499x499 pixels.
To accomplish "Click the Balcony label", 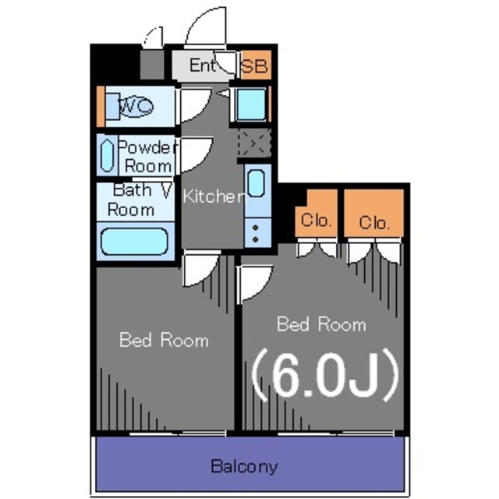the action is pos(244,467).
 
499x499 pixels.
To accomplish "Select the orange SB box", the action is pos(253,66).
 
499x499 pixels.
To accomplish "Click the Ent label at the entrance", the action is pos(201,65).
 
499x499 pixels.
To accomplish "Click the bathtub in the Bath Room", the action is pos(134,240).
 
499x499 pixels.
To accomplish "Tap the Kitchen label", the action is pos(212,196).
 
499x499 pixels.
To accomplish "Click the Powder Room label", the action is pos(147,156).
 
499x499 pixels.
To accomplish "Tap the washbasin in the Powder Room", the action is pos(107,155).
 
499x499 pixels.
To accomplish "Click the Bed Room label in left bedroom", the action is pos(164,340).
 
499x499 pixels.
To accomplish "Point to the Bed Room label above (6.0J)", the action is pos(321,324).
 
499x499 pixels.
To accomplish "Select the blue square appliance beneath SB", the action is pos(250,105).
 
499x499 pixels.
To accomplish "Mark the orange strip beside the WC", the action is pos(100,106).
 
